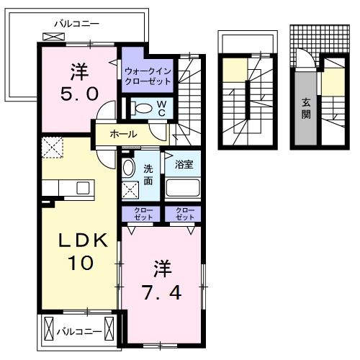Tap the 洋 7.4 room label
(163, 281)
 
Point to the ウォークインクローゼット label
(147, 76)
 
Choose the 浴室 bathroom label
(183, 163)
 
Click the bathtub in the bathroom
(183, 189)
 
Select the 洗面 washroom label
(148, 175)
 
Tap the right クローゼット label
(185, 213)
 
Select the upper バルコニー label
(80, 23)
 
